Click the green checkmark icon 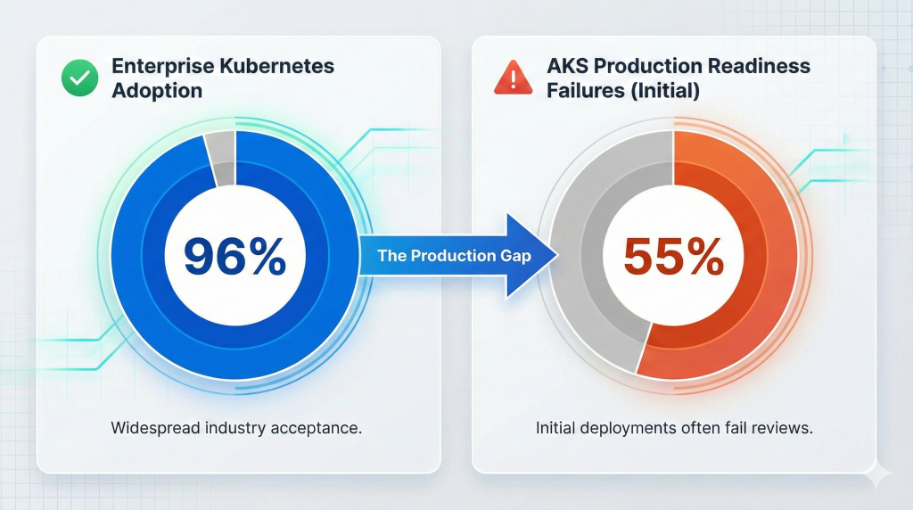(x=78, y=78)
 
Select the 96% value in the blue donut (x=235, y=256)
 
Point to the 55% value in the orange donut (x=673, y=256)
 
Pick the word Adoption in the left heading (x=157, y=91)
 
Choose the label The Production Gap (x=454, y=256)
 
